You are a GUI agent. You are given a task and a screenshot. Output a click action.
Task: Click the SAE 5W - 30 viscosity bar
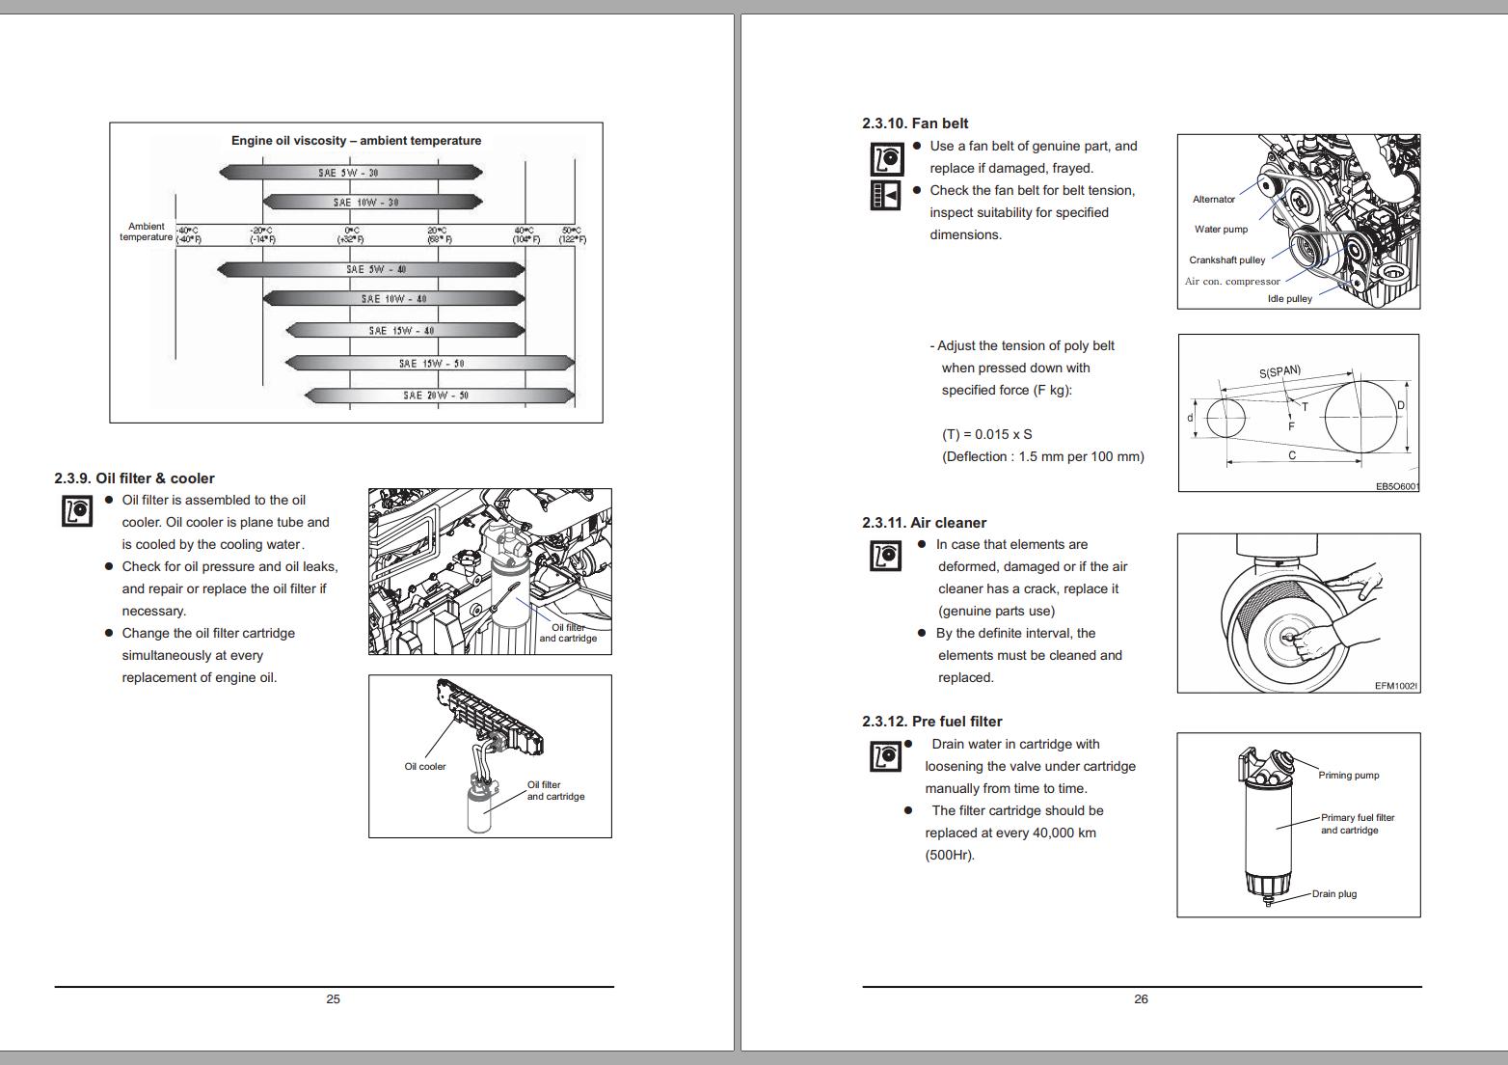349,173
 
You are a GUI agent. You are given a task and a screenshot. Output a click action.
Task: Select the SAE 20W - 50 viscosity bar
438,396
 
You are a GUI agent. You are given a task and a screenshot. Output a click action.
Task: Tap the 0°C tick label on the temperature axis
349,234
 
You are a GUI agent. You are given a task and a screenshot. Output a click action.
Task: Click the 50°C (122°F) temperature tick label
572,234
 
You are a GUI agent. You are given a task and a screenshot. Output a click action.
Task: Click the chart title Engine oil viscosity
356,141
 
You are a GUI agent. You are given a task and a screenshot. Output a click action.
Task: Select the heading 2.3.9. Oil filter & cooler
134,478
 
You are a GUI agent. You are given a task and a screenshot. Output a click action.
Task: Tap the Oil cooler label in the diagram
425,767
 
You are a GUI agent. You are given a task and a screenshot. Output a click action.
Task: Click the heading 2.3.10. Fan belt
915,123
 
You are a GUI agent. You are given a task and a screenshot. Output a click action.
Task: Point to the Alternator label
1213,200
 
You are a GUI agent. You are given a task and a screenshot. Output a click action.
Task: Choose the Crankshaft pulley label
1226,260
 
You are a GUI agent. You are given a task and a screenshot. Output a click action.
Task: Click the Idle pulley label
1289,299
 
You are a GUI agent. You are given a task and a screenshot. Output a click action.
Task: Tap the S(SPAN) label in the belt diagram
1279,372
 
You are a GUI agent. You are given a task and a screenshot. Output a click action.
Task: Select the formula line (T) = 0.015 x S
986,435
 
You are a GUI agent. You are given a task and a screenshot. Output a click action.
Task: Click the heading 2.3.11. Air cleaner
924,523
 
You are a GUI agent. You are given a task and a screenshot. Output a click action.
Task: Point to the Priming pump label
1348,776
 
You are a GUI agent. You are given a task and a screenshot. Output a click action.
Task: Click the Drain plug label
1333,894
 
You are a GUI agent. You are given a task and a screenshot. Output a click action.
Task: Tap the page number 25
333,999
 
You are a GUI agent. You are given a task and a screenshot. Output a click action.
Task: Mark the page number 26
1141,999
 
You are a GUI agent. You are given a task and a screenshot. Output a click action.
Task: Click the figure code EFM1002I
1395,686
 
